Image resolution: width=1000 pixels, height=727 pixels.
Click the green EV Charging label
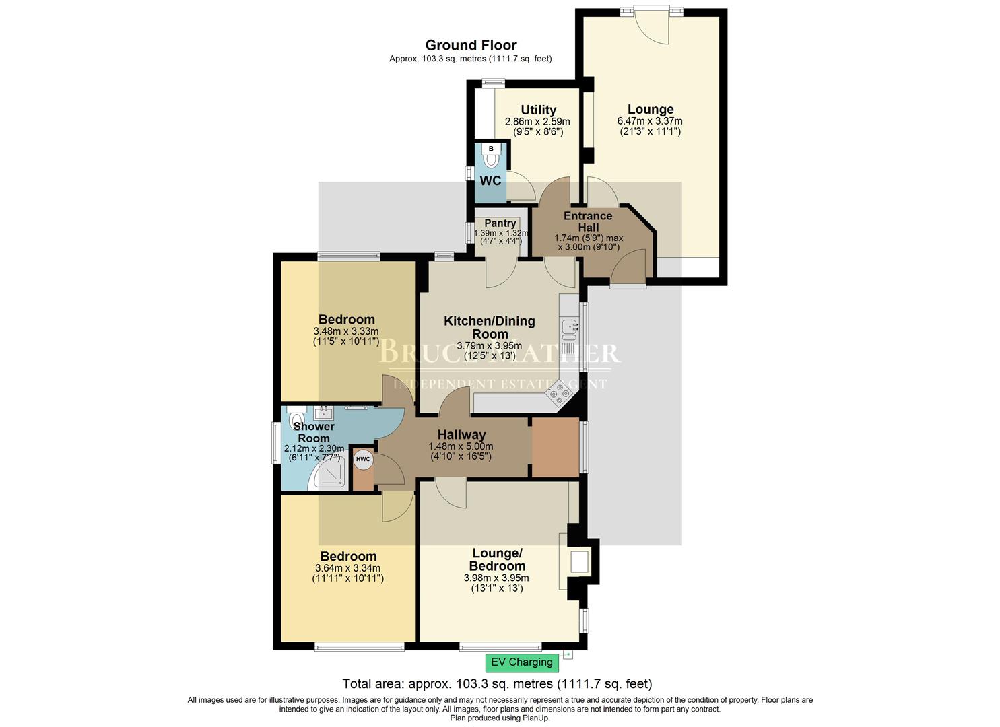click(522, 662)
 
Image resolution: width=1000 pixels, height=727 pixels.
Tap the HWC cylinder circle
click(363, 460)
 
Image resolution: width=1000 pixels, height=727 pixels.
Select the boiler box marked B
click(491, 148)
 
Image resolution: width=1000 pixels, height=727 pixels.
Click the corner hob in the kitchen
click(558, 394)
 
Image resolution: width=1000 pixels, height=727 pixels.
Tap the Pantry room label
click(500, 223)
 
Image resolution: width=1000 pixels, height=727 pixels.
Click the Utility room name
click(538, 110)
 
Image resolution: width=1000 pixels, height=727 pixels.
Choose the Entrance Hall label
click(588, 221)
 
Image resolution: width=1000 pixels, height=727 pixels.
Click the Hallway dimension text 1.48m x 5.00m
click(461, 446)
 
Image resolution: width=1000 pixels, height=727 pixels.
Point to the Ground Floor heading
click(471, 45)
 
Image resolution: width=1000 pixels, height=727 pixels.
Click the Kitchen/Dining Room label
click(490, 327)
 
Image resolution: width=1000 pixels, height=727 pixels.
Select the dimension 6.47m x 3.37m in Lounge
click(650, 121)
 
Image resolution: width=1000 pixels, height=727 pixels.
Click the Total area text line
click(497, 684)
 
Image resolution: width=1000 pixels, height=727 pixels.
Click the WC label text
click(490, 181)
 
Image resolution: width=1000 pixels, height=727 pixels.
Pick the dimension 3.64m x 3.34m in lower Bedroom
click(347, 567)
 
